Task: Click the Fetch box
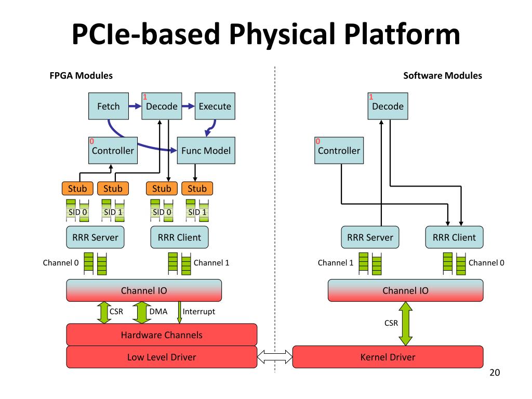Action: pyautogui.click(x=109, y=106)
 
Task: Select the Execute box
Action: pyautogui.click(x=215, y=106)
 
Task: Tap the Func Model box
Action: pyautogui.click(x=206, y=151)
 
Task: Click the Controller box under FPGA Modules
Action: pyautogui.click(x=113, y=151)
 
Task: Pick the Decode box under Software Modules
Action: pyautogui.click(x=388, y=106)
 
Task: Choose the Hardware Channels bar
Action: pyautogui.click(x=162, y=335)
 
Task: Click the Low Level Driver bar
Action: pyautogui.click(x=162, y=357)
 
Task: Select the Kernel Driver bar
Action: pyautogui.click(x=388, y=357)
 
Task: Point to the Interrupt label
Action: pyautogui.click(x=199, y=312)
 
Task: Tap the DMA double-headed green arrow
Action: pyautogui.click(x=141, y=312)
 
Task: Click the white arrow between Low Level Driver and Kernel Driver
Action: pyautogui.click(x=275, y=357)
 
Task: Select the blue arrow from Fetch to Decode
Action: pyautogui.click(x=135, y=106)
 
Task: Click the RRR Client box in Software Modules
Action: pyautogui.click(x=454, y=237)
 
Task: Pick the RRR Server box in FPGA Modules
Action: pyautogui.click(x=96, y=237)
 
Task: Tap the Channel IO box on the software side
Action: pyautogui.click(x=405, y=290)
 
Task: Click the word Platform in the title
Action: pyautogui.click(x=402, y=35)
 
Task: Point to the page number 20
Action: pyautogui.click(x=495, y=373)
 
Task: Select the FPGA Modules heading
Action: pyautogui.click(x=81, y=76)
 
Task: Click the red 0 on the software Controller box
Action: pyautogui.click(x=317, y=141)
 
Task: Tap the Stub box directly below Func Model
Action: pyautogui.click(x=197, y=189)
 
